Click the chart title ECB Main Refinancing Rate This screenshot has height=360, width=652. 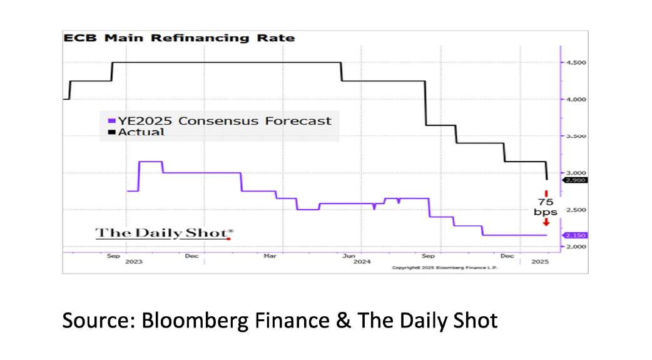click(178, 38)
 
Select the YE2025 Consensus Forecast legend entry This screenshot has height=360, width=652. click(219, 121)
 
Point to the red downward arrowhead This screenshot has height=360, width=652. click(546, 222)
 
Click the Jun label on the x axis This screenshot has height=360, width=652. click(349, 255)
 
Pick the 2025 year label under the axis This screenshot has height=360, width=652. click(540, 262)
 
